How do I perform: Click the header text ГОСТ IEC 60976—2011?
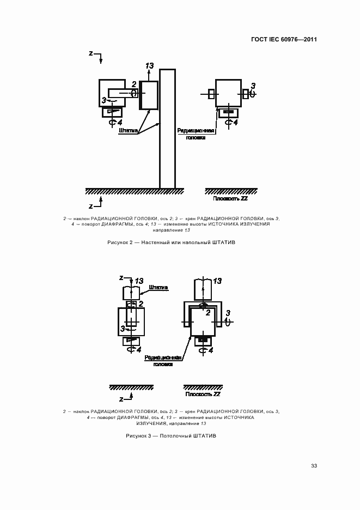point(284,40)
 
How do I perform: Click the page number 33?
point(314,465)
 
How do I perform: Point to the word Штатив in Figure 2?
point(128,131)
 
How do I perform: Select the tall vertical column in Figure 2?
point(167,129)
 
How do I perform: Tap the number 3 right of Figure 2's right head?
point(252,86)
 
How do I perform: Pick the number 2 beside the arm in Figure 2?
point(134,83)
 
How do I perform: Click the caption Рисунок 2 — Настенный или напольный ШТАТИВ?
point(180,242)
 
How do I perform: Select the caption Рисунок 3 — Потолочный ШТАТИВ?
point(179,436)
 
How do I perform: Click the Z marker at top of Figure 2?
point(91,53)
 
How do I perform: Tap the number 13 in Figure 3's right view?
point(217,281)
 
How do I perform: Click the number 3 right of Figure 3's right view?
point(228,313)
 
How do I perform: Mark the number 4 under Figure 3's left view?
point(138,349)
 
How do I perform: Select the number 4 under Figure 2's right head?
point(235,123)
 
